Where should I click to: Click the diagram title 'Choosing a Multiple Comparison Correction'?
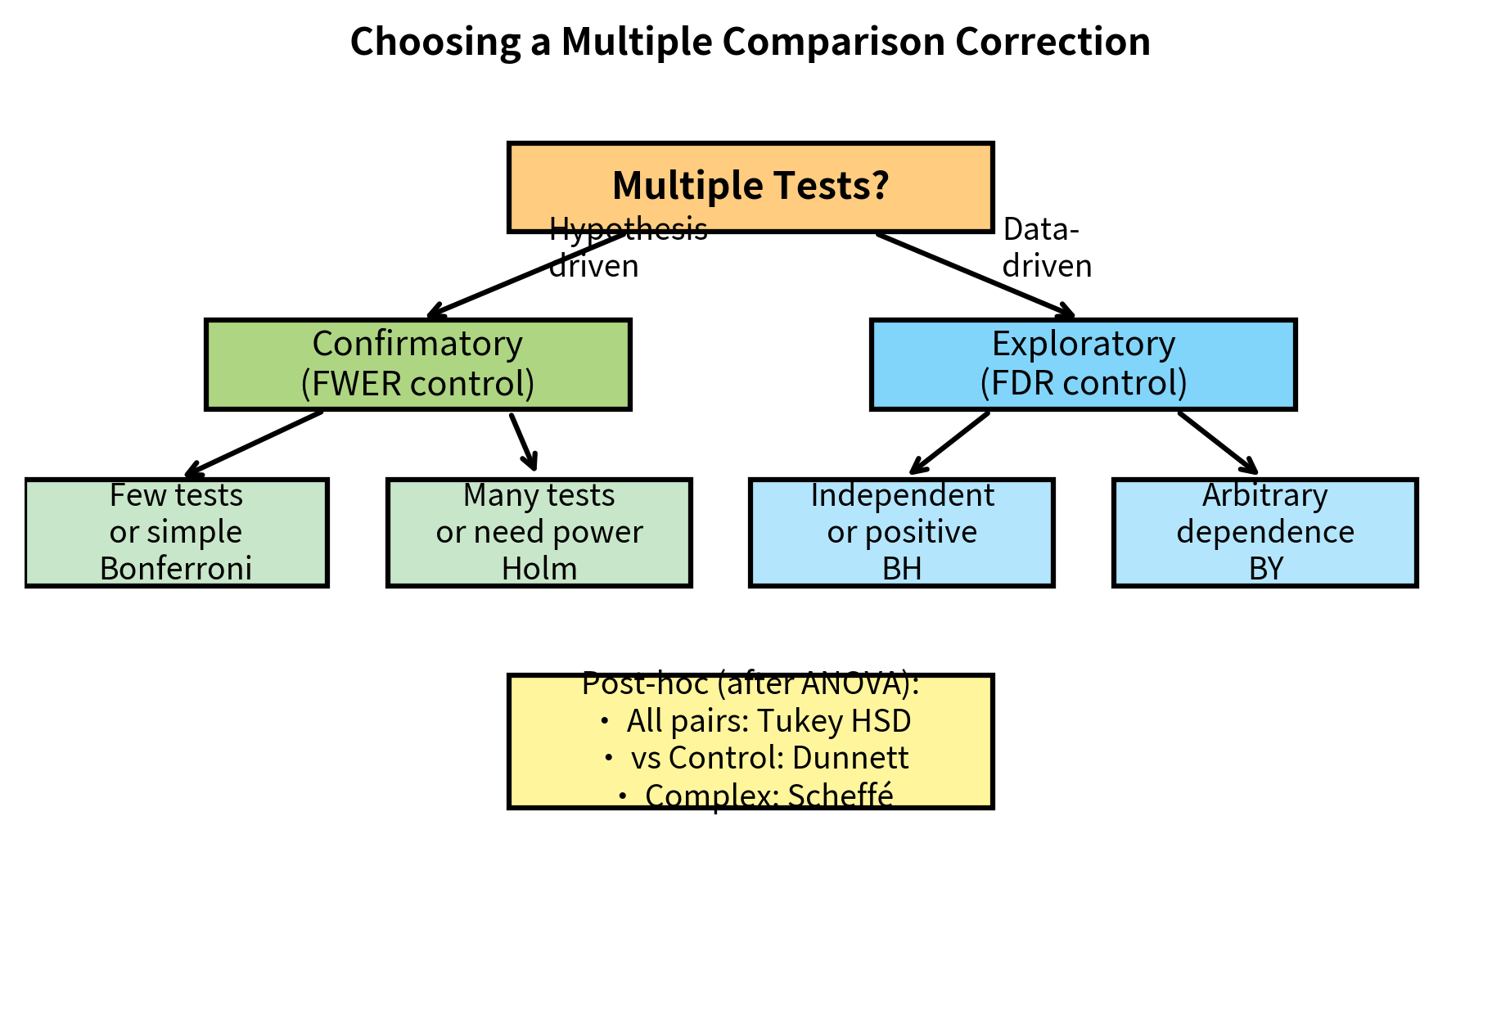pos(750,42)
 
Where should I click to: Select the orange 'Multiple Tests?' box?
pos(750,187)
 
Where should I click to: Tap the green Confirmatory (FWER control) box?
pos(417,363)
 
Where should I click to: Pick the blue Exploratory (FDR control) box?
pos(1083,363)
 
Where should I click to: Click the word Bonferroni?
pos(176,569)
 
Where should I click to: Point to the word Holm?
pos(539,569)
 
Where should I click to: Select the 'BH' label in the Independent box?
pos(902,569)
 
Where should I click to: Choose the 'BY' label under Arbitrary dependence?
pos(1265,569)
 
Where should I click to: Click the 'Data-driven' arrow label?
pos(1046,248)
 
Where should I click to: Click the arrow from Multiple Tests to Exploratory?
pos(974,274)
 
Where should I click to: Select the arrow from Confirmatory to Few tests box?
pos(254,444)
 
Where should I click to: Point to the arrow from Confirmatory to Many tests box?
pos(524,442)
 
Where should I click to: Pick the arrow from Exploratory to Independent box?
pos(949,443)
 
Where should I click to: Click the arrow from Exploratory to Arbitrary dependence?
pos(1218,443)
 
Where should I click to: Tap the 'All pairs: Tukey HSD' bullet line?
pos(768,721)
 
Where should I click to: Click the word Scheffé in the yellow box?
pos(840,795)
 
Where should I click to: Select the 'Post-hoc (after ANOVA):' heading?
pos(750,683)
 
